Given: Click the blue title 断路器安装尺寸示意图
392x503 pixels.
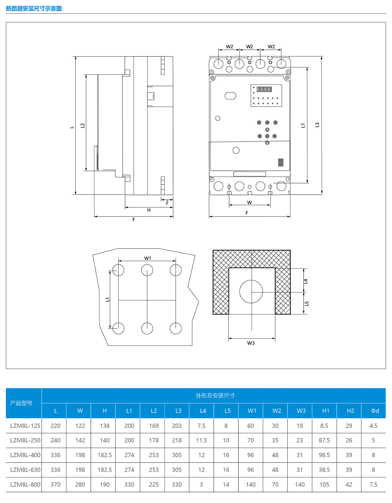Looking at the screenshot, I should tap(34, 8).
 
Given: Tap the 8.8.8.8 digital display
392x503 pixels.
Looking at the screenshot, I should tap(264, 89).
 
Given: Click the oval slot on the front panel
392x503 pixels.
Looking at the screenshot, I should tap(230, 96).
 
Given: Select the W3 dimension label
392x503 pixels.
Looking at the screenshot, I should tap(251, 343).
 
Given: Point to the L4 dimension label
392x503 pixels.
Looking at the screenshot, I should tap(306, 281).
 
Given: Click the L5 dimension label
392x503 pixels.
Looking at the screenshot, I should tap(307, 304).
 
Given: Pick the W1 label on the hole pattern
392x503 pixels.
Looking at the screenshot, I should tap(147, 258).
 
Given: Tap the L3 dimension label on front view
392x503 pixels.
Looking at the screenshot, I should tap(317, 125).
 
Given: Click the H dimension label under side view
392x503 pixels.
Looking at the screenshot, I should tap(149, 210).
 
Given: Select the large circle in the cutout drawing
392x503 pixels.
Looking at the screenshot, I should tap(251, 291).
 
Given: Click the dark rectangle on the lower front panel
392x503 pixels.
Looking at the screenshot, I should tap(281, 162).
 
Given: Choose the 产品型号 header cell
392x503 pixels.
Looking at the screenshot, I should tap(21, 403).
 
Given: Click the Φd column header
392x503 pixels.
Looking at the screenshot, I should tap(375, 411).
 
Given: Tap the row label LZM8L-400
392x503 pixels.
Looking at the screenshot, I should tap(25, 455).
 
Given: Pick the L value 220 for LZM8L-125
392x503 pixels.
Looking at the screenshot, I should tap(55, 426).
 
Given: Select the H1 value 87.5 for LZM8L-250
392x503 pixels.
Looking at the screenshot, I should tap(324, 440).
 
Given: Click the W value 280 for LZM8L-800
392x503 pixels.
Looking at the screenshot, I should tap(80, 485).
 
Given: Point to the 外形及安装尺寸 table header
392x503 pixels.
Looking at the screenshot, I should tap(215, 396).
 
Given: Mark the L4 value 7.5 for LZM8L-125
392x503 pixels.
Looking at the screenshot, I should tap(201, 426).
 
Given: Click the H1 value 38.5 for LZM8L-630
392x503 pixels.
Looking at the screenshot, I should tap(324, 470).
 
